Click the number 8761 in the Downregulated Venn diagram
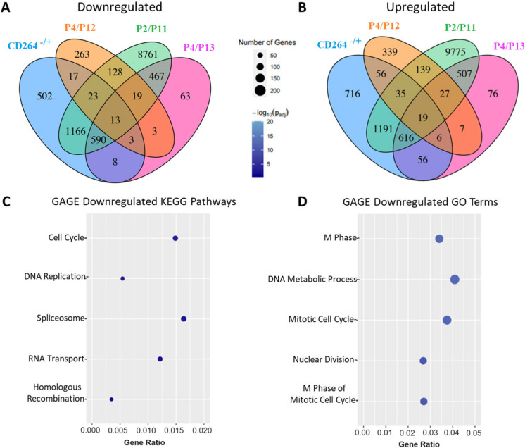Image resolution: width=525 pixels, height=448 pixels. [x=148, y=54]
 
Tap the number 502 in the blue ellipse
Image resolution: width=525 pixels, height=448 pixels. [x=44, y=97]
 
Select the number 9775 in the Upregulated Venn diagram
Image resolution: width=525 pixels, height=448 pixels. [x=455, y=52]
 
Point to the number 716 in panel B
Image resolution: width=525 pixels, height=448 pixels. [x=353, y=94]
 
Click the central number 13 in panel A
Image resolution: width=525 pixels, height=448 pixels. [x=115, y=120]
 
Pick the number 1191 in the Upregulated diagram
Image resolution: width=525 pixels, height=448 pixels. [x=383, y=129]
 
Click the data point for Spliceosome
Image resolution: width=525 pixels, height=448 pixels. [x=184, y=318]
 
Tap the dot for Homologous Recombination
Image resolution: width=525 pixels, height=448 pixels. [x=111, y=399]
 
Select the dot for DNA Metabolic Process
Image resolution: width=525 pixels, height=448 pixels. [x=455, y=279]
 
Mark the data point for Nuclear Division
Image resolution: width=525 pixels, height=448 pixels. [x=423, y=361]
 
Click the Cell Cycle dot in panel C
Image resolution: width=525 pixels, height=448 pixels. [x=175, y=238]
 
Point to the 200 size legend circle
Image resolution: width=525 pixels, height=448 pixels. [x=260, y=90]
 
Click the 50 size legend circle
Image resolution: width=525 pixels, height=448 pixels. [x=260, y=55]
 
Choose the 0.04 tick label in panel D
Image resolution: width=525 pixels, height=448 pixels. [x=453, y=433]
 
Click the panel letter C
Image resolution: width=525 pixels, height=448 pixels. [x=6, y=202]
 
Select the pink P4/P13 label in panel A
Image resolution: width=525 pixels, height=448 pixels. [x=199, y=48]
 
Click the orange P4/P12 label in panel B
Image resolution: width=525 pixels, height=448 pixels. [x=384, y=25]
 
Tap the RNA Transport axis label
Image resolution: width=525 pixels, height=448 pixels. [x=56, y=359]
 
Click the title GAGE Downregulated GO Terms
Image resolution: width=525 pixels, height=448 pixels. [x=420, y=201]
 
